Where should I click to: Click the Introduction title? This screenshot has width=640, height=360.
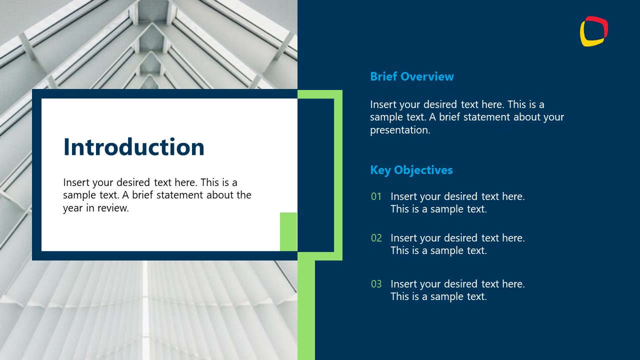pos(134,147)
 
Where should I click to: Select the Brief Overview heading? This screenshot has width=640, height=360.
pos(412,76)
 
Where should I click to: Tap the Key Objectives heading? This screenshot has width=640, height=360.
pos(411,170)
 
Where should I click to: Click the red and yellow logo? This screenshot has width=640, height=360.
pos(594,31)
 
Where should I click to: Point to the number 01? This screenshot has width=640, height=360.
pos(376,196)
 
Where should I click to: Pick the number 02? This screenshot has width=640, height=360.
pos(376,238)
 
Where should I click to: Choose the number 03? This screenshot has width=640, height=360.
pos(376,284)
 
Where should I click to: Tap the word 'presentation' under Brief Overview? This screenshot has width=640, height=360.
pos(399,130)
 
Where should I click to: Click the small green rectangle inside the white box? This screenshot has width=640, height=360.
pos(288,231)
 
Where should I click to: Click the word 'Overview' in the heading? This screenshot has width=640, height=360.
pos(427,76)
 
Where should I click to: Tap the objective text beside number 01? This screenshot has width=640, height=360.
pos(457,202)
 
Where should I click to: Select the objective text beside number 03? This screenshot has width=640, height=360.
pos(457,290)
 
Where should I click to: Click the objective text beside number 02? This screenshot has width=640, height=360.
pos(457,244)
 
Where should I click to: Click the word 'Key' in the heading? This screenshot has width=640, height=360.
pos(380,170)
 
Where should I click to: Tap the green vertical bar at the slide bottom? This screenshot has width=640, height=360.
pos(306,310)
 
